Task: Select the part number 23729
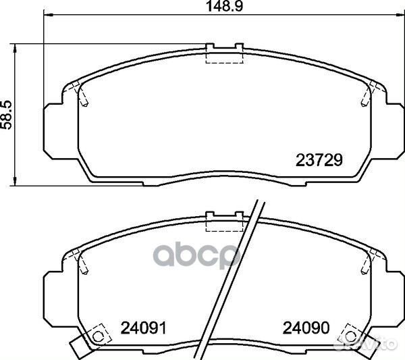pos(320,161)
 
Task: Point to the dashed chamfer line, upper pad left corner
pos(82,95)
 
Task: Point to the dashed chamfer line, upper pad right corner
pos(366,95)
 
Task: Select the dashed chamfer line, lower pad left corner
pos(82,261)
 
